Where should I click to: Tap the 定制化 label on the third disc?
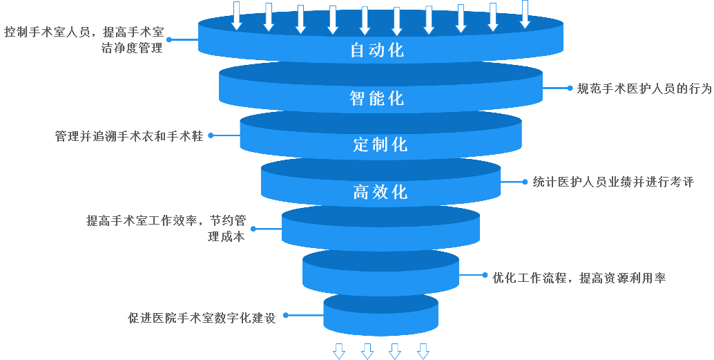pos(380,144)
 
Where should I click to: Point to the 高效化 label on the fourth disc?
pos(380,191)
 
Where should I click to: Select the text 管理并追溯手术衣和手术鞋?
pos(129,136)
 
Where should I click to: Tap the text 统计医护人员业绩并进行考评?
pos(612,182)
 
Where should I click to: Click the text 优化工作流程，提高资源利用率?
pos(579,278)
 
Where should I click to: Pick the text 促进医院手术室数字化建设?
pos(202,319)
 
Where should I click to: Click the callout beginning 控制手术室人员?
pos(84,40)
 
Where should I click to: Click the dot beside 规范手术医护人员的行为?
pos(570,88)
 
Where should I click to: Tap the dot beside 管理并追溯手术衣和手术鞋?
pos(211,136)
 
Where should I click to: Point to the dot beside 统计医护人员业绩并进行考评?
pos(525,182)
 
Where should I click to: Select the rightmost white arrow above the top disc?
pos(525,14)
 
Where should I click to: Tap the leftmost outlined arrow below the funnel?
pos(338,351)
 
